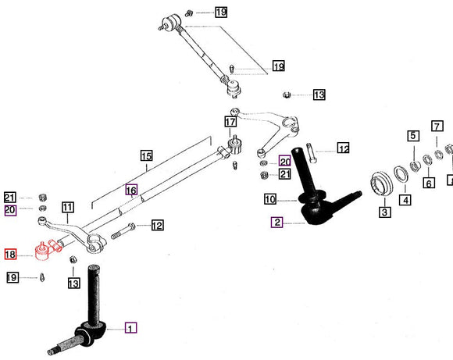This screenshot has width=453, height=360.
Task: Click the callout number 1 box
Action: (130, 328)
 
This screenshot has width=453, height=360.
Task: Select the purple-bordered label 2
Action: (277, 222)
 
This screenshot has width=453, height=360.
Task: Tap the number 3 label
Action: (384, 212)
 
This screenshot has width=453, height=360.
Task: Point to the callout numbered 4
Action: (405, 200)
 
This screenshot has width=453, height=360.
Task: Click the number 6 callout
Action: (429, 183)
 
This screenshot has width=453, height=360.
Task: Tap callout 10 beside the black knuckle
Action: (269, 198)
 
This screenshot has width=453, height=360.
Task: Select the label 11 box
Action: (68, 208)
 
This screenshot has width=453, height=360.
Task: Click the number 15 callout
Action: (146, 156)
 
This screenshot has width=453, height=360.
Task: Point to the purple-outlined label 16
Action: (131, 190)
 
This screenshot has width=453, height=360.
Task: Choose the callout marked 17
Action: (230, 122)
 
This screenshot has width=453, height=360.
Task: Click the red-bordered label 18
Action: (11, 255)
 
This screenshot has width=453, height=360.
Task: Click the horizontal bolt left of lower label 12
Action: (125, 229)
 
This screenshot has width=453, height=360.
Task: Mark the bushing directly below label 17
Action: (232, 144)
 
